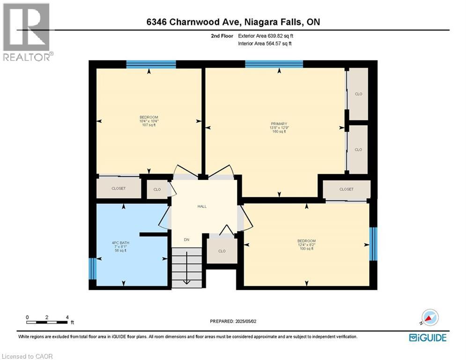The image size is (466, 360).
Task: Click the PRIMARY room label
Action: [x=278, y=124]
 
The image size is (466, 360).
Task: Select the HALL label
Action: [x=201, y=206]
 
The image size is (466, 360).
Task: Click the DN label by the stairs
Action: [x=186, y=239]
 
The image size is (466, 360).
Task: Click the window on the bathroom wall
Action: [x=92, y=268]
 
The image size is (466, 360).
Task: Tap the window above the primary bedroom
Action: [x=274, y=64]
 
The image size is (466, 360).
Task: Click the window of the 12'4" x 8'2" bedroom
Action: [x=373, y=244]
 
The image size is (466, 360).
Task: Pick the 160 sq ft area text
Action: [x=278, y=132]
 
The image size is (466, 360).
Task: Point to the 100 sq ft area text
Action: [x=307, y=248]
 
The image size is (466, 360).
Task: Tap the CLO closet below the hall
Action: [x=222, y=251]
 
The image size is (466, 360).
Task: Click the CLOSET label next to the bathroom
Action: [x=118, y=188]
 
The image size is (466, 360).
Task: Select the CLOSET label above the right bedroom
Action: [x=347, y=189]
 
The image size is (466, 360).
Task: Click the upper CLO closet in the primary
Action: [x=358, y=94]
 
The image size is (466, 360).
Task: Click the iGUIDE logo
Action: [x=428, y=337]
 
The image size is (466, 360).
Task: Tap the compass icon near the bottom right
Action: [x=429, y=317]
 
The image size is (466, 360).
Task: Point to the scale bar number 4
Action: [x=67, y=317]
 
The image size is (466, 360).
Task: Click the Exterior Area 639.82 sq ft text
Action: [x=266, y=35]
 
